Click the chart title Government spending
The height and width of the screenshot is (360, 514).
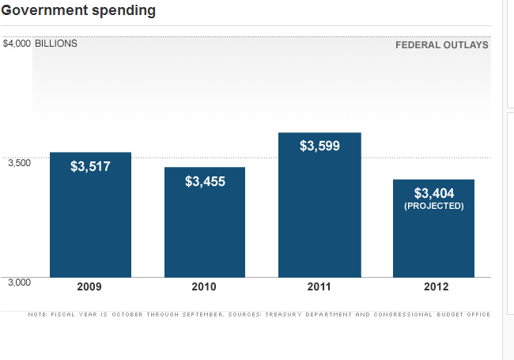78,10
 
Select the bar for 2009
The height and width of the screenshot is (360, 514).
90,222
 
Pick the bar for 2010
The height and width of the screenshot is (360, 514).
205,229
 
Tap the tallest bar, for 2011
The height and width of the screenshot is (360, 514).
319,214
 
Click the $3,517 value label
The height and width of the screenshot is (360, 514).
90,166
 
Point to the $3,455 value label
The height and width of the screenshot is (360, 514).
205,181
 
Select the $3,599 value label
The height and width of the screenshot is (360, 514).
319,146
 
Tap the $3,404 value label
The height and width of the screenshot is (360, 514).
434,192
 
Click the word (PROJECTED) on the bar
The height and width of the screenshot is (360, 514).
434,206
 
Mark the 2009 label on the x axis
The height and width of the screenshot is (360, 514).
89,287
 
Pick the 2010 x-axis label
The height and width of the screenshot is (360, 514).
204,287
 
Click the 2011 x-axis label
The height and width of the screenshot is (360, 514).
319,287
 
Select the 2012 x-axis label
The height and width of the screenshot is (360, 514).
433,287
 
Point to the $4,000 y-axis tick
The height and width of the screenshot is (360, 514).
17,44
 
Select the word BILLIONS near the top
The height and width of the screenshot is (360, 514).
56,44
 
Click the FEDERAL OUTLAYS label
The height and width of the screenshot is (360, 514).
441,45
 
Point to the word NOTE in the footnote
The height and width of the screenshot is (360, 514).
36,314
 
